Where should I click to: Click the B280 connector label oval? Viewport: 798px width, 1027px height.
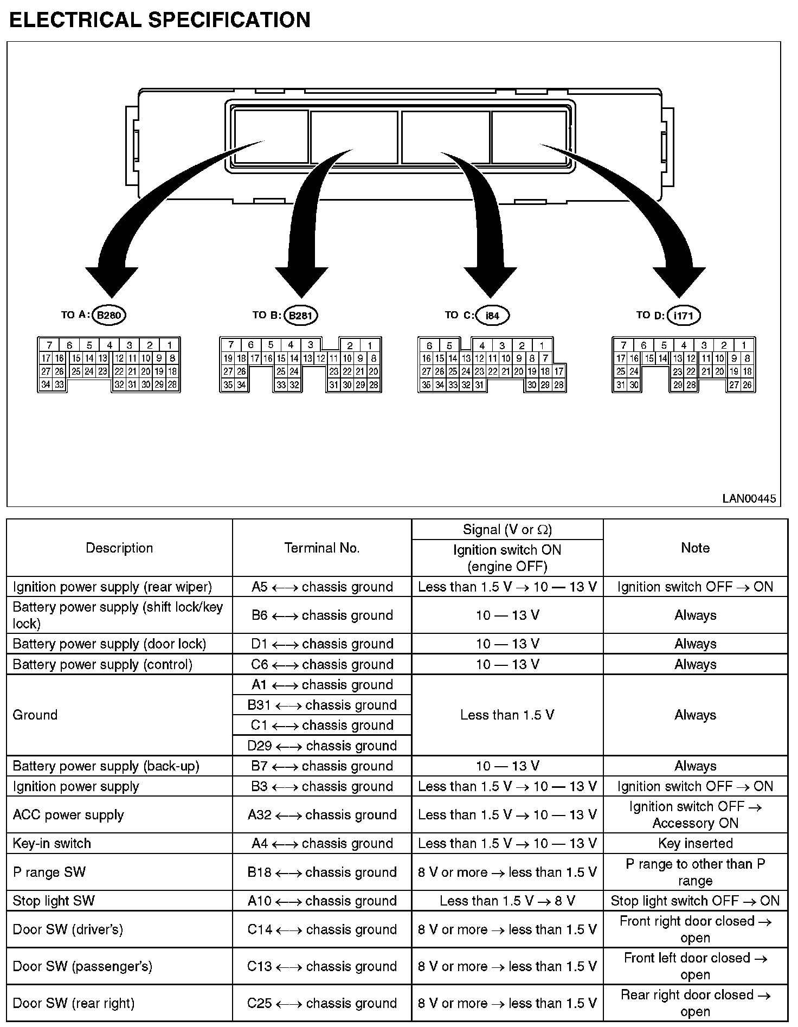(x=110, y=315)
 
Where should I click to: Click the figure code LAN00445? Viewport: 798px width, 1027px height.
(x=749, y=498)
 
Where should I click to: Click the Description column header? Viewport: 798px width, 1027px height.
(x=119, y=548)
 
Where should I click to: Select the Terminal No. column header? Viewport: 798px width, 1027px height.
(x=322, y=548)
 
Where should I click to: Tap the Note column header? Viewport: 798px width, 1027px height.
(x=695, y=548)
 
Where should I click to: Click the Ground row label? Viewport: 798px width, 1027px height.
(x=35, y=715)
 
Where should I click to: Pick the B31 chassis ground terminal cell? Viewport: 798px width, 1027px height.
(x=322, y=705)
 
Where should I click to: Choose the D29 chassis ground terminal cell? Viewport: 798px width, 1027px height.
(x=322, y=746)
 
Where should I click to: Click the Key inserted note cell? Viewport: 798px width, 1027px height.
(x=695, y=843)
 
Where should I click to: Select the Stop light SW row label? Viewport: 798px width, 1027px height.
(x=54, y=901)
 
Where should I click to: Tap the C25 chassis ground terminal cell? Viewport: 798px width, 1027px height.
(x=322, y=1003)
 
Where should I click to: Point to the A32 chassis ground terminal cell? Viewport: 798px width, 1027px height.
(x=322, y=814)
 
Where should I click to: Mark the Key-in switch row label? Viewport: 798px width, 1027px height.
(x=52, y=843)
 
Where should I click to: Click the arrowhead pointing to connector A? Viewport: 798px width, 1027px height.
(x=112, y=282)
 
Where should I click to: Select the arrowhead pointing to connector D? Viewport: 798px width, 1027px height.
(x=679, y=282)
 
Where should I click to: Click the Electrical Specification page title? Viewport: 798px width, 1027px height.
(x=160, y=20)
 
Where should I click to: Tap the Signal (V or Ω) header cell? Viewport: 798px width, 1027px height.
(x=507, y=529)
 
